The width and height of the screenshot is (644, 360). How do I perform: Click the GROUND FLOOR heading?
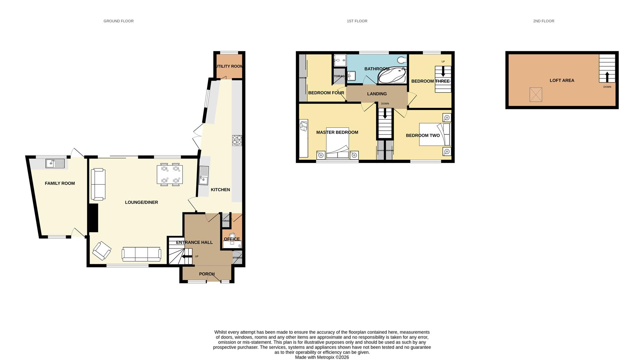pyautogui.click(x=118, y=21)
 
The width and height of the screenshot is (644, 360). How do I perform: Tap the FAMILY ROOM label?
pyautogui.click(x=60, y=183)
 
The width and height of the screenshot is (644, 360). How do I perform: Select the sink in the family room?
pyautogui.click(x=55, y=163)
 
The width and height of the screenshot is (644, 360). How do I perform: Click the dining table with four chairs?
pyautogui.click(x=170, y=174)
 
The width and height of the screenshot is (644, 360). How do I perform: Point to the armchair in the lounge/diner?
pyautogui.click(x=102, y=251)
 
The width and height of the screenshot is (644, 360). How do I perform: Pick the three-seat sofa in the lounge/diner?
pyautogui.click(x=141, y=254)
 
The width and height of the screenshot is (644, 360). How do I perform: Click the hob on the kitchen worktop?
pyautogui.click(x=237, y=140)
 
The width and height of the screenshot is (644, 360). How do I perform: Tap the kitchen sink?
pyautogui.click(x=204, y=176)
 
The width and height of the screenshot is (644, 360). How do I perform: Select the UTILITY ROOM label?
pyautogui.click(x=230, y=66)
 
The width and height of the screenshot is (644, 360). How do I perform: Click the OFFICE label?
pyautogui.click(x=232, y=239)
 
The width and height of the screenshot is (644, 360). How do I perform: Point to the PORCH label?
pyautogui.click(x=207, y=274)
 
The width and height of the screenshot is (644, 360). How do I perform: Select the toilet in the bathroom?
pyautogui.click(x=401, y=60)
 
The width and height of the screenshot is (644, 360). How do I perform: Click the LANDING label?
pyautogui.click(x=377, y=94)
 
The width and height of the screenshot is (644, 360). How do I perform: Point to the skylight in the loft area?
pyautogui.click(x=536, y=95)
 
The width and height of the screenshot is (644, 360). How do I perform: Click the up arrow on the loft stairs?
pyautogui.click(x=607, y=76)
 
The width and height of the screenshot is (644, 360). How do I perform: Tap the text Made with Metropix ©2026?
pyautogui.click(x=322, y=357)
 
